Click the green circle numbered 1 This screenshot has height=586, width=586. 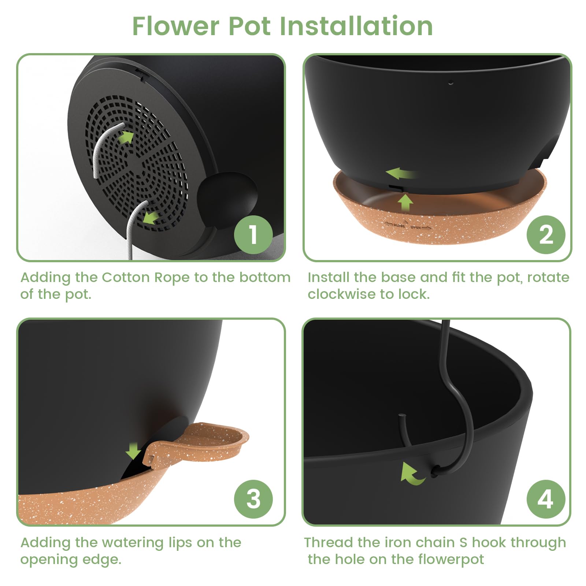[x=253, y=234]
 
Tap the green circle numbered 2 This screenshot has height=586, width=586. [x=546, y=234]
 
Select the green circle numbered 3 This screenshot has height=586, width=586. [x=253, y=499]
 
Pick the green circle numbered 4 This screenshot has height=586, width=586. [x=546, y=499]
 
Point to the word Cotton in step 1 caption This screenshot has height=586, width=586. [x=126, y=277]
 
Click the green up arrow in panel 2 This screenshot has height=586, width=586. [x=405, y=203]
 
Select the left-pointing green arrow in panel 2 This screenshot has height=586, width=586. [x=401, y=173]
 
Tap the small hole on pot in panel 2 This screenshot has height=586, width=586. [x=451, y=82]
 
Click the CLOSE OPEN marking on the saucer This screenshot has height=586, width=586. [x=407, y=226]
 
